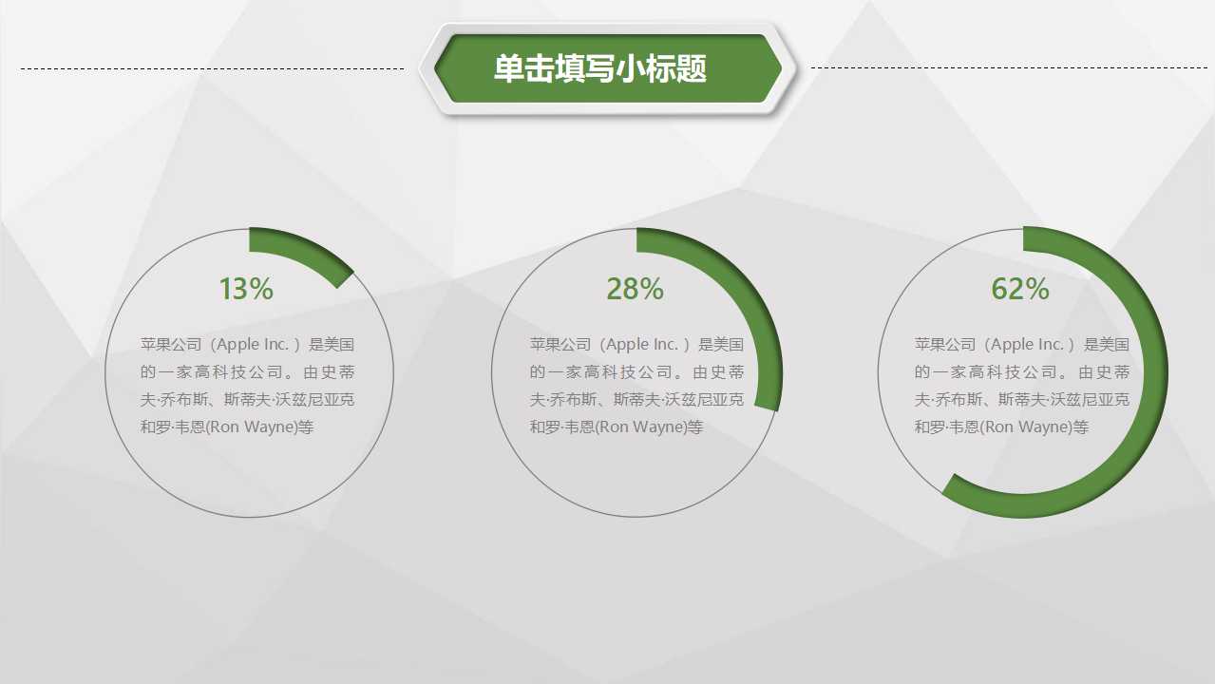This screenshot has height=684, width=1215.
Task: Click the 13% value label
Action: click(246, 289)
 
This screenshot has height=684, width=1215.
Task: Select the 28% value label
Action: click(635, 289)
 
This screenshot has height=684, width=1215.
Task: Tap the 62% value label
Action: click(1020, 289)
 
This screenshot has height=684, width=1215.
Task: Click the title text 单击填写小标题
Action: click(600, 68)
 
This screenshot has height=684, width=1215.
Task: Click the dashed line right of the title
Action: click(1007, 68)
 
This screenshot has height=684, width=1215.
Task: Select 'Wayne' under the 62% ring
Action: click(1044, 427)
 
